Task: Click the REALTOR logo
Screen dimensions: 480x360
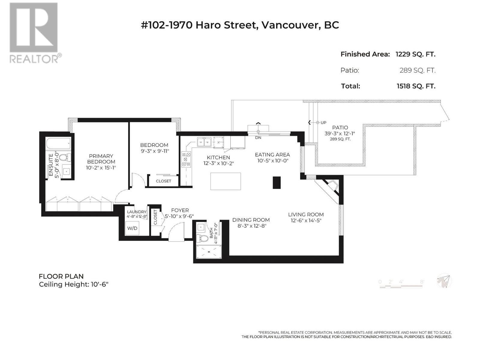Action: [34, 33]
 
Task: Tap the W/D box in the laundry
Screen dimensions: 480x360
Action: [132, 228]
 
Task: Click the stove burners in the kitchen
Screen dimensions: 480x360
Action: [186, 159]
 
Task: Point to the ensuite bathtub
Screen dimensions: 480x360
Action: [58, 143]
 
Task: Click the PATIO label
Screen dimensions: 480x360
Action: [340, 127]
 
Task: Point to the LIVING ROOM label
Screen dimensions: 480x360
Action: [305, 214]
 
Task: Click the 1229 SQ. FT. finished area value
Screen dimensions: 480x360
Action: [415, 54]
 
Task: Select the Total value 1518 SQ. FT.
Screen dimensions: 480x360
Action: [416, 86]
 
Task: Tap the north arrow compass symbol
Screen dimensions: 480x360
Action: [444, 281]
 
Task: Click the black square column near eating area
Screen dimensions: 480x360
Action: [276, 182]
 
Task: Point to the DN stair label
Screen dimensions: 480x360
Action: [258, 138]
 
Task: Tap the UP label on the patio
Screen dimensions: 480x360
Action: [323, 123]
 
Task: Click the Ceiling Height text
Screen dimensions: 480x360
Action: [74, 284]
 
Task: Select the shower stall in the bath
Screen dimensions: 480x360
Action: [209, 252]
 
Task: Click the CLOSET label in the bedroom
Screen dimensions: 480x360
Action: [163, 181]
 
